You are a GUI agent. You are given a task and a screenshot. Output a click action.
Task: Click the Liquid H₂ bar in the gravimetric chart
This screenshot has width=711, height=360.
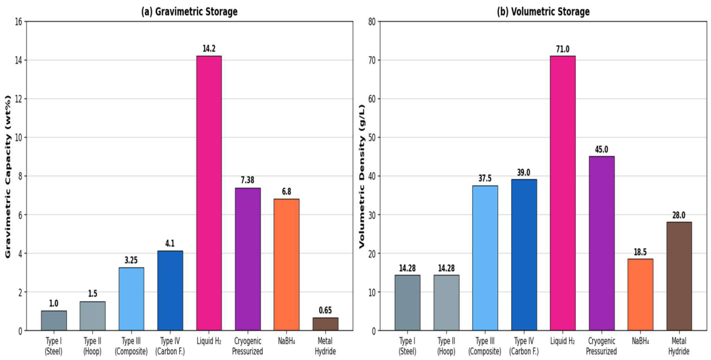209,193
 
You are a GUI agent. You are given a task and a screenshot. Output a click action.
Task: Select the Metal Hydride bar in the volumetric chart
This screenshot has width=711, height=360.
679,276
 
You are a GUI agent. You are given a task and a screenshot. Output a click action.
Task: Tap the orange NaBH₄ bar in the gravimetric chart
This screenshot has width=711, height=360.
286,265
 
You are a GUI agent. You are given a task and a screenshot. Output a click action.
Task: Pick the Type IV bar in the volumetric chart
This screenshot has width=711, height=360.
524,255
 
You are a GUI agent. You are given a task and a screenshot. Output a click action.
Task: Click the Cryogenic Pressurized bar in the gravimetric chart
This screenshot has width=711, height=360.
248,259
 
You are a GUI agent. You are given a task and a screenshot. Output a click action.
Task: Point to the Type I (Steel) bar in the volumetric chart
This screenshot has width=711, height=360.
407,303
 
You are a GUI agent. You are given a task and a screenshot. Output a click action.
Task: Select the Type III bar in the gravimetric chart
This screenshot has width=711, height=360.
131,299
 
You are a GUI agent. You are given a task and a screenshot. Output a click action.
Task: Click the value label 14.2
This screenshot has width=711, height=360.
209,48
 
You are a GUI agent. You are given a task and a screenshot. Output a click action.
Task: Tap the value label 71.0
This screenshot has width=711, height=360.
563,49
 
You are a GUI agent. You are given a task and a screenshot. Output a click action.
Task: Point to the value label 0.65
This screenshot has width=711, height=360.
325,310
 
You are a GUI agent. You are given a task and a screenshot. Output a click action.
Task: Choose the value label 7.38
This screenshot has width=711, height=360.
248,180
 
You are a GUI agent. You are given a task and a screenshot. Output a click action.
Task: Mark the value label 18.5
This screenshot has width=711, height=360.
640,252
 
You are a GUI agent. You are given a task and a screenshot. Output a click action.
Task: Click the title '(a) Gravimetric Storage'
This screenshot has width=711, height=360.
189,12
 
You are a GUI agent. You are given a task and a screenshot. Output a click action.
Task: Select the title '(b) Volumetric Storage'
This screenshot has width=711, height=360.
543,12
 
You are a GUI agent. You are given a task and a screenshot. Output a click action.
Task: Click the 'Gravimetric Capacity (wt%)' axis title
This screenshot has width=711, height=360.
8,177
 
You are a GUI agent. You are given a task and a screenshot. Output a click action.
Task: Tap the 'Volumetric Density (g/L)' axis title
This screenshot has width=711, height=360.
362,177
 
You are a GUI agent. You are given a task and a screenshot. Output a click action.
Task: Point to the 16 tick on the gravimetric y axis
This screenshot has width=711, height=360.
18,21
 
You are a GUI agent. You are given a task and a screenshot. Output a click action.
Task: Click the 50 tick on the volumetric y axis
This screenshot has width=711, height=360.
372,138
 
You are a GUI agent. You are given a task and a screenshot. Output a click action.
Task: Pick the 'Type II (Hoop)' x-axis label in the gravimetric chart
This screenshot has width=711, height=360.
92,346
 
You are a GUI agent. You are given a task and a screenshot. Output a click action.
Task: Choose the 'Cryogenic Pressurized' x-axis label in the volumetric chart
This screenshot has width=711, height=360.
601,346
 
